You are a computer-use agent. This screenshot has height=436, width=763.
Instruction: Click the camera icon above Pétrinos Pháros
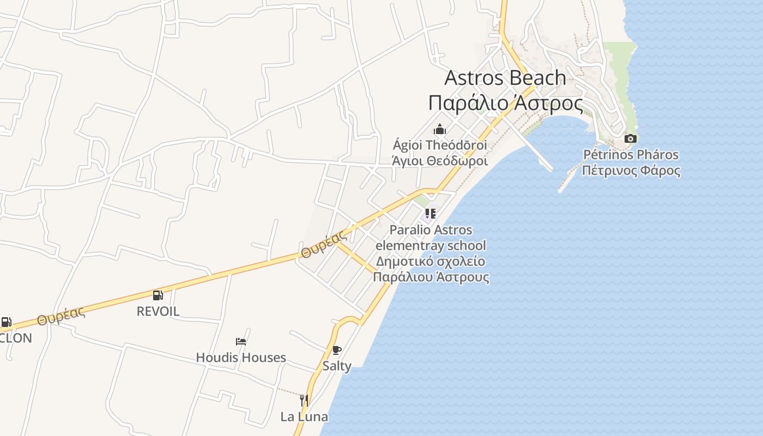630,139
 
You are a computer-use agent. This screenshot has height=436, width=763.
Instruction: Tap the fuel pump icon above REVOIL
158,295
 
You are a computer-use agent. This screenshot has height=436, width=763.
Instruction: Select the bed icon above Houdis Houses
241,342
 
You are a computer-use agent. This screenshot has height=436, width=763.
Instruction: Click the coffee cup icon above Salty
336,350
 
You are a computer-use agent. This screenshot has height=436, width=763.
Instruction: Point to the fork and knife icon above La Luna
304,401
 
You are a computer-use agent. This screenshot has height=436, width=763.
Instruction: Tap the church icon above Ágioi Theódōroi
440,130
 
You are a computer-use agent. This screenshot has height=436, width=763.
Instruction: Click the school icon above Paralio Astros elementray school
430,214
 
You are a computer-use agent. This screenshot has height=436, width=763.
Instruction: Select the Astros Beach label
505,78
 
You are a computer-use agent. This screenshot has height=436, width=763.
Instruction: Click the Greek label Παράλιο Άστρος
505,103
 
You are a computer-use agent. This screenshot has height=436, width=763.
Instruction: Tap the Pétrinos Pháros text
631,155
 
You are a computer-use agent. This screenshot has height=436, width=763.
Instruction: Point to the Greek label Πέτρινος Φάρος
631,171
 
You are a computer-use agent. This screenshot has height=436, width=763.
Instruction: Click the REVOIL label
158,311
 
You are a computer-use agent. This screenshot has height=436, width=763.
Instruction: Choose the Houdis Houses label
241,358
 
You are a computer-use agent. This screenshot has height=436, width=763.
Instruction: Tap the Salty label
337,366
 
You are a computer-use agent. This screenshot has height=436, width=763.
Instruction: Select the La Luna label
304,417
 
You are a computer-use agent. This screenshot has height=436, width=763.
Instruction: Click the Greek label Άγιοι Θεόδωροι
440,161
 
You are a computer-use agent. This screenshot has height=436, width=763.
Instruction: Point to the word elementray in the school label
410,245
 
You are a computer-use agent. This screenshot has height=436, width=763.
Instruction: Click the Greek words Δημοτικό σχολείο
431,261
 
